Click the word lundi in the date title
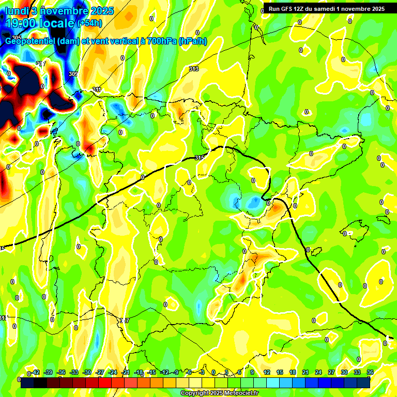point(17,10)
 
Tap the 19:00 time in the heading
point(21,23)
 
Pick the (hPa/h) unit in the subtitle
point(193,41)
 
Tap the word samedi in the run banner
point(325,8)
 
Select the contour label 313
point(194,69)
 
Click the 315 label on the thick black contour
point(200,158)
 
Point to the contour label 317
point(124,321)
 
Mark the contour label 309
point(73,74)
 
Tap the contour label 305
point(17,38)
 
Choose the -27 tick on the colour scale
point(100,372)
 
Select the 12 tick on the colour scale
point(267,372)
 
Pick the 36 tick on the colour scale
point(370,372)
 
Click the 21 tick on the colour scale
point(306,372)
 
